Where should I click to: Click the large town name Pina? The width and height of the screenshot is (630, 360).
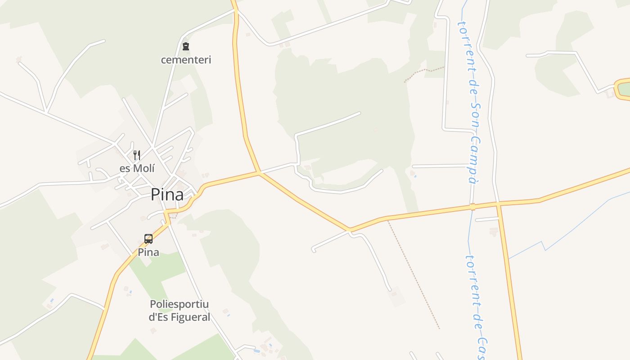click(x=167, y=194)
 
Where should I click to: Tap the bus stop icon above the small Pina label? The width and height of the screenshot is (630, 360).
click(x=148, y=239)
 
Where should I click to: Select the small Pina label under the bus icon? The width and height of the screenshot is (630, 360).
click(x=148, y=252)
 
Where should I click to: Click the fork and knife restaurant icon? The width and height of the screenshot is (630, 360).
click(x=137, y=155)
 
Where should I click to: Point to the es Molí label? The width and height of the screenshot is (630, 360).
click(x=137, y=169)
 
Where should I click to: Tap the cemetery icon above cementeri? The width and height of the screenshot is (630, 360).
click(x=186, y=46)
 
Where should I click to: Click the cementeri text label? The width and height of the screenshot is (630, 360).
click(x=186, y=59)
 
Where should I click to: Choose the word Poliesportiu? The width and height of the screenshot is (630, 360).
click(x=179, y=304)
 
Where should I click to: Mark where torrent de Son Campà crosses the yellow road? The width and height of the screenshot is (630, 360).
click(x=472, y=207)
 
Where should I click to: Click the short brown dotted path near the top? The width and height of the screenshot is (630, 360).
click(x=423, y=72)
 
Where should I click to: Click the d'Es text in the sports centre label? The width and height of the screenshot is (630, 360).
click(x=158, y=317)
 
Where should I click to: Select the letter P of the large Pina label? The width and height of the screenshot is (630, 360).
click(x=155, y=194)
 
